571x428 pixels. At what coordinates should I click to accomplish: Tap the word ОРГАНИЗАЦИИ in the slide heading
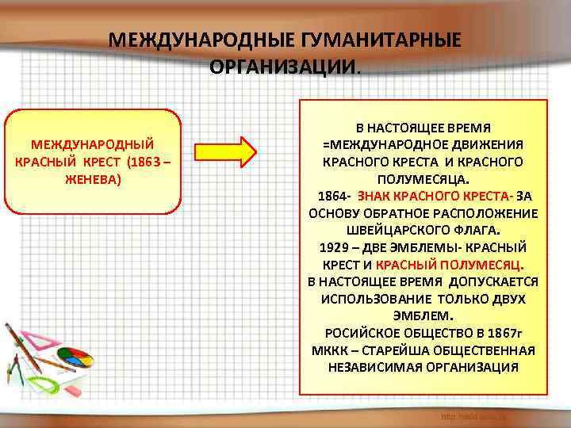pos(282,66)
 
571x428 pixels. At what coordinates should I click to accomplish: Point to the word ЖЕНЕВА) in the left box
pos(93,179)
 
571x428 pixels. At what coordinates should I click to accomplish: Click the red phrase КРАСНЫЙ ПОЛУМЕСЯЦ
pos(449,265)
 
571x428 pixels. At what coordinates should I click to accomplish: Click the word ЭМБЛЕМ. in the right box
pos(423,316)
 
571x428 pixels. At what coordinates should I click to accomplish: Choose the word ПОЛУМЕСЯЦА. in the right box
pos(423,178)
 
